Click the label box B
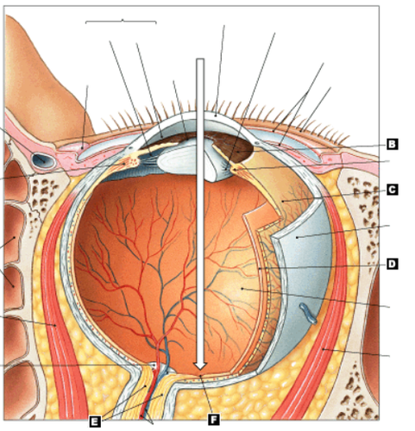393,144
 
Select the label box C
393,190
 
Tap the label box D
393,264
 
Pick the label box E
95,422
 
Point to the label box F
213,420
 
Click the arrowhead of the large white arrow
200,366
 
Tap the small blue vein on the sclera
308,313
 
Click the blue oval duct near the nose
44,161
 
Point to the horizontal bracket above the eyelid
121,22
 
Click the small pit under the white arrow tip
200,375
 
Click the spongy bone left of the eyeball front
43,196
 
